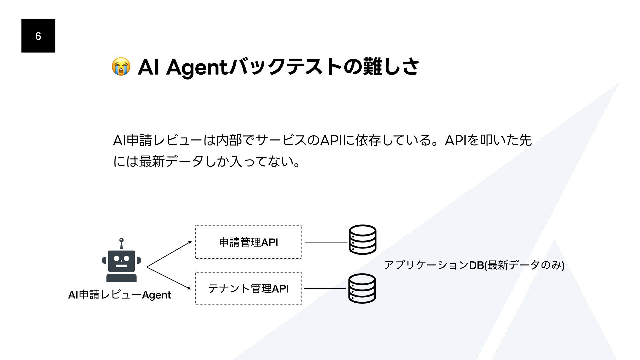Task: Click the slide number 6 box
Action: pyautogui.click(x=38, y=36)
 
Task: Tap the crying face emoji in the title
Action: pyautogui.click(x=121, y=66)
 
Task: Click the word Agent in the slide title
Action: pyautogui.click(x=197, y=68)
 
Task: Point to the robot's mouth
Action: pyautogui.click(x=121, y=266)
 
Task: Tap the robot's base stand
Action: pyautogui.click(x=121, y=278)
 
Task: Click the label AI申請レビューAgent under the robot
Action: pyautogui.click(x=119, y=295)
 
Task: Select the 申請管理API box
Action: pyautogui.click(x=248, y=242)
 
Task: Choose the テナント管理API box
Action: pyautogui.click(x=248, y=288)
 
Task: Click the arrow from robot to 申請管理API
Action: pyautogui.click(x=169, y=254)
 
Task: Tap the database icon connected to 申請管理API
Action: pyautogui.click(x=362, y=239)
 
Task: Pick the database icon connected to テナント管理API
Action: pyautogui.click(x=362, y=288)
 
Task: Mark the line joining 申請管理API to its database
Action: pyautogui.click(x=326, y=242)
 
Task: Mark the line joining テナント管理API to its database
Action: pyautogui.click(x=325, y=288)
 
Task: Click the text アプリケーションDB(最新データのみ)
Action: pyautogui.click(x=474, y=265)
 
